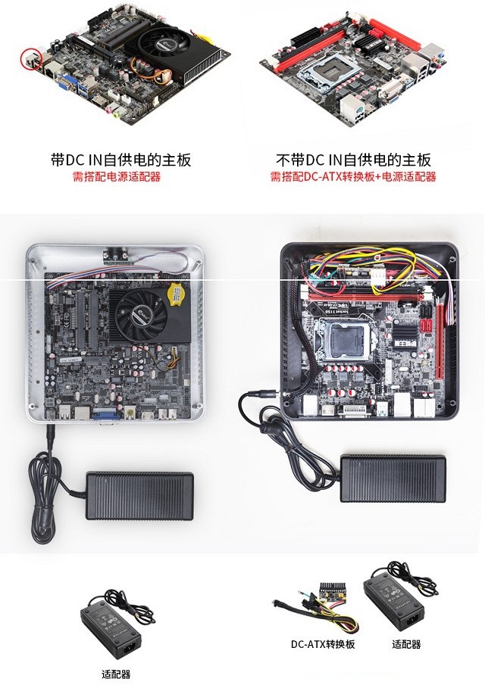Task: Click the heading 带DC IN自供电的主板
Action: (120, 160)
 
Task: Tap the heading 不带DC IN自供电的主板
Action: (353, 160)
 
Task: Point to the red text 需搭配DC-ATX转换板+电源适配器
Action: (353, 177)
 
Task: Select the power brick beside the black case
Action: (391, 476)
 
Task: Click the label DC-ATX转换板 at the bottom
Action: (323, 644)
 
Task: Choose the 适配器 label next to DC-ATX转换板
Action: (406, 644)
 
